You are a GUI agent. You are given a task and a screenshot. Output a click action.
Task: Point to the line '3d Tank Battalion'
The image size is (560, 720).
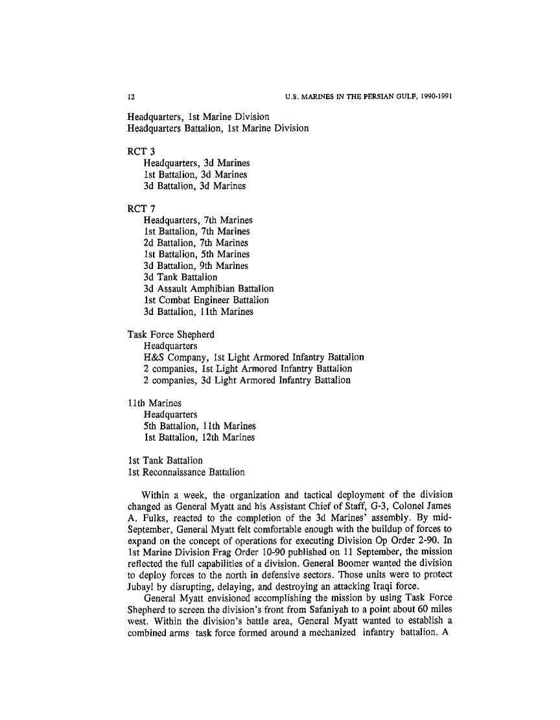[180, 277]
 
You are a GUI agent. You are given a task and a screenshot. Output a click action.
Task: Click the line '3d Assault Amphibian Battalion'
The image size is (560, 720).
[208, 288]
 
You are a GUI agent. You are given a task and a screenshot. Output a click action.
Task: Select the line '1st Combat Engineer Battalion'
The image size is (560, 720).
[206, 300]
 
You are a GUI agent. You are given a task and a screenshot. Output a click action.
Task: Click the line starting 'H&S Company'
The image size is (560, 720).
[253, 357]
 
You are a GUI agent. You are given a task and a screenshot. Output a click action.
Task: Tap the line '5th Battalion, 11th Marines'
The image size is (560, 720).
[200, 426]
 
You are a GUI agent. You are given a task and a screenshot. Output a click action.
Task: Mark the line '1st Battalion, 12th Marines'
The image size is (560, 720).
[199, 437]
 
